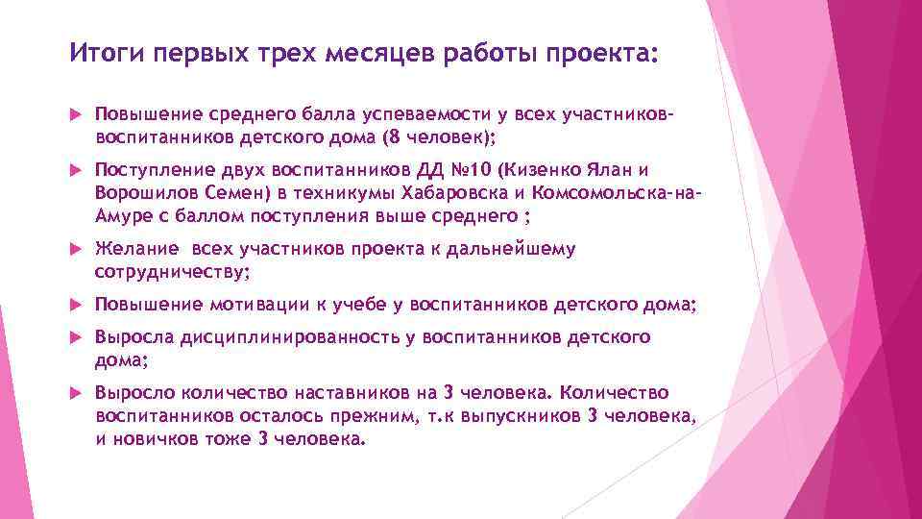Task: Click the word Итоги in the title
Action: tap(101, 53)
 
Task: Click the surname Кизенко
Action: tap(541, 171)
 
